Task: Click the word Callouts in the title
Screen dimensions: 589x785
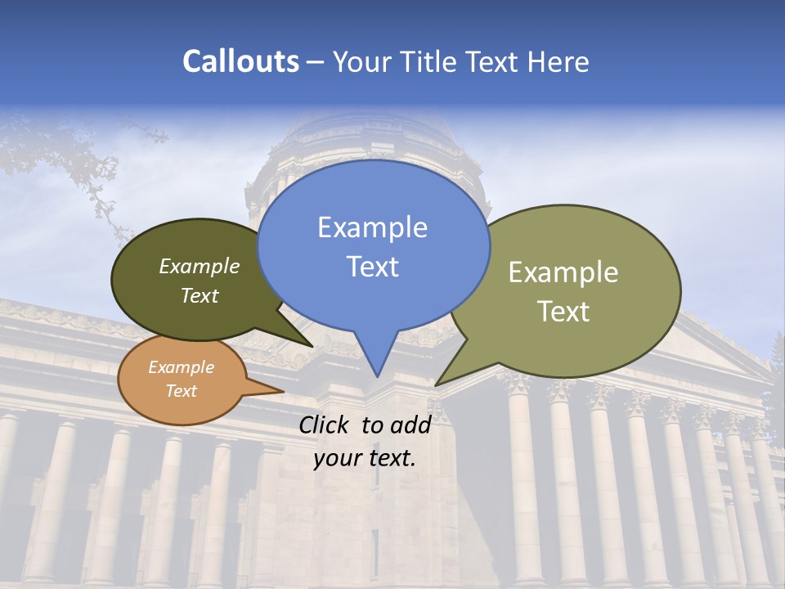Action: (x=240, y=61)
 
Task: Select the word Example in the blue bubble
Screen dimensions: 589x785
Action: (x=372, y=227)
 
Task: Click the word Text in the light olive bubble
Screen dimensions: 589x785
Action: (x=563, y=312)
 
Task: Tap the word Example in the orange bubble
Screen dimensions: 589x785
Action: (x=181, y=367)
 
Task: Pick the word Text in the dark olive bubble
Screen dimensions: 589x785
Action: (x=200, y=296)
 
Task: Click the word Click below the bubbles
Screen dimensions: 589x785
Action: (x=325, y=425)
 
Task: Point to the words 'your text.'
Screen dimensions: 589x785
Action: (x=365, y=458)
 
